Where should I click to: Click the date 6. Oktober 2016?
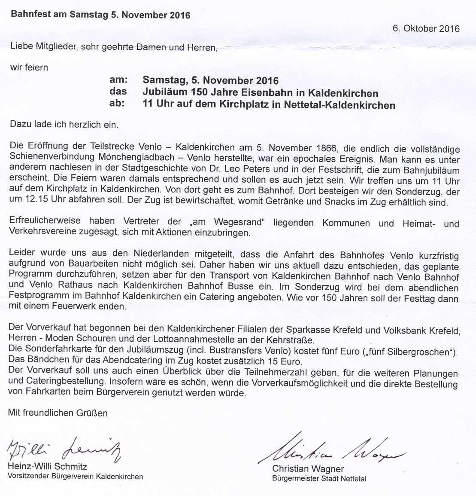[x=426, y=29]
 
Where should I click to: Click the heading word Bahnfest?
[x=28, y=15]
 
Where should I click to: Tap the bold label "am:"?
[x=119, y=80]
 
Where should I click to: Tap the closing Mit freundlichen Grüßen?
[x=58, y=413]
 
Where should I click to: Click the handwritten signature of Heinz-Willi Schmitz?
[x=64, y=450]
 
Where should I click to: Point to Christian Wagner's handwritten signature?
[x=333, y=451]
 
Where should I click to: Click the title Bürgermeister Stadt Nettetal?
[x=319, y=478]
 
